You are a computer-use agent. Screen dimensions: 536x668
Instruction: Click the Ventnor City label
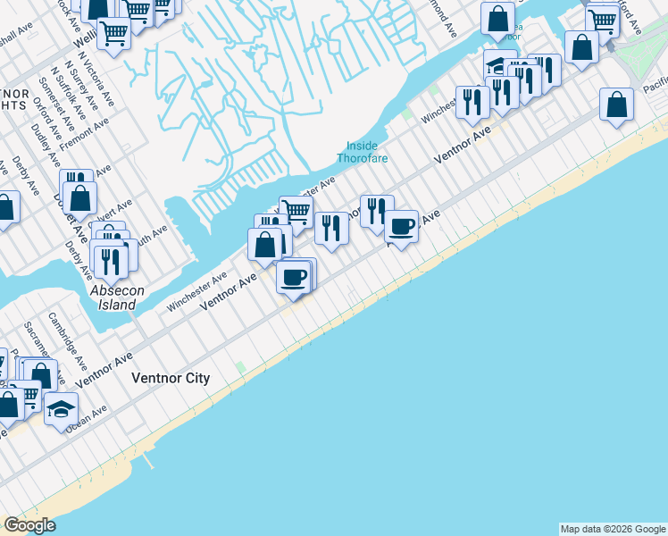171,378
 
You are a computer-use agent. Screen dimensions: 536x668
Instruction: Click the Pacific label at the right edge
655,86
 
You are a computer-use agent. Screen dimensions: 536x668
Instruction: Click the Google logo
29,525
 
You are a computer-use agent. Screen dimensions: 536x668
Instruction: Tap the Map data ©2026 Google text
613,529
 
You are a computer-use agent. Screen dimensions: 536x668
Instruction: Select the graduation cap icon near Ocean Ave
61,410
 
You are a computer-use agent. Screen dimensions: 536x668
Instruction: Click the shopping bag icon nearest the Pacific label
616,105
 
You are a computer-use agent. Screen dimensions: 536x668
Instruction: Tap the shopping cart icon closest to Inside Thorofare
296,212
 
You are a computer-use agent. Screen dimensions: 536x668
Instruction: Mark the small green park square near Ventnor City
239,367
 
